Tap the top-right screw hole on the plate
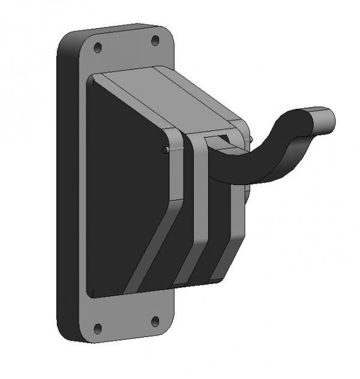(155, 40)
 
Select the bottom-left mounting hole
(98, 328)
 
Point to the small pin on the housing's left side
(164, 150)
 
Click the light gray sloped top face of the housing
(168, 96)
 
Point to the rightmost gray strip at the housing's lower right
(231, 240)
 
